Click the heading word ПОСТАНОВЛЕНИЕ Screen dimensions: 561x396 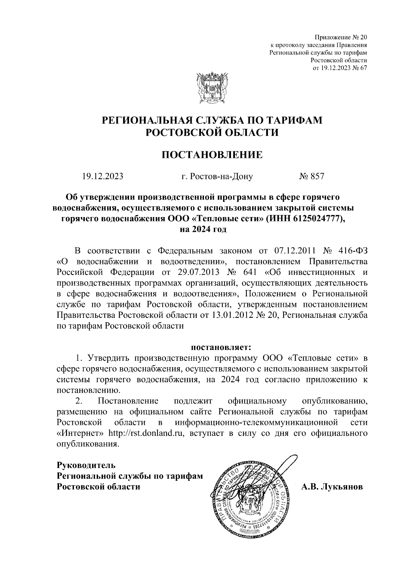[x=212, y=154]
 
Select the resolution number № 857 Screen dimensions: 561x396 [x=312, y=176]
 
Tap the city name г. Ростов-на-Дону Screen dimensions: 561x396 [x=217, y=176]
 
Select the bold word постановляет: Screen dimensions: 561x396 [x=221, y=347]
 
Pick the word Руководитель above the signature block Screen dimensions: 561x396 [x=86, y=466]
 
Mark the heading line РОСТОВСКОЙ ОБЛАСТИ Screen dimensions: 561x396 [x=212, y=132]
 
